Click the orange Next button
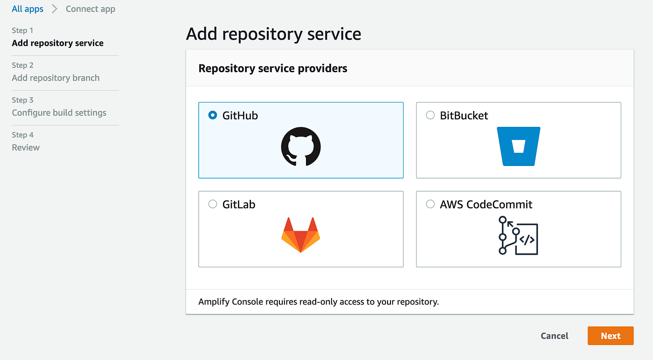click(610, 336)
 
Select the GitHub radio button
click(213, 115)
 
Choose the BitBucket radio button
click(431, 115)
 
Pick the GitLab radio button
click(213, 204)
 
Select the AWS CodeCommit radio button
click(431, 204)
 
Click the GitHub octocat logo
click(301, 146)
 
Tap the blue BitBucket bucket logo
click(518, 146)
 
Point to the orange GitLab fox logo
click(301, 235)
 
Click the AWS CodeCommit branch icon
click(518, 235)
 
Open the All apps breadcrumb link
click(28, 9)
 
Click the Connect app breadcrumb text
click(90, 9)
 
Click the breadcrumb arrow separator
click(55, 9)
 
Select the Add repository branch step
click(56, 78)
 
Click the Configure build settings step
click(59, 113)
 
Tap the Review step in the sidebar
click(26, 147)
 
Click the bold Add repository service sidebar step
click(58, 43)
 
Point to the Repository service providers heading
click(273, 69)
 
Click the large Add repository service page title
click(273, 34)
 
